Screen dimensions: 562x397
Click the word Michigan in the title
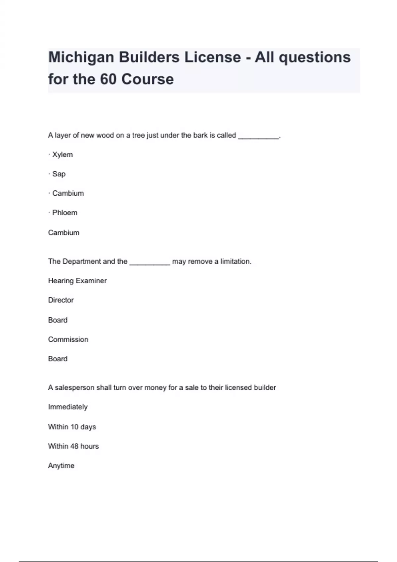(x=81, y=58)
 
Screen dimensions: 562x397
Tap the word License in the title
(x=212, y=57)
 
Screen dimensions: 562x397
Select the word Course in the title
(x=147, y=79)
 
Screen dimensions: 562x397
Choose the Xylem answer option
(x=62, y=155)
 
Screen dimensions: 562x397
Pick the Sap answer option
(x=59, y=174)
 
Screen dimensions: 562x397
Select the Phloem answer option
(x=65, y=213)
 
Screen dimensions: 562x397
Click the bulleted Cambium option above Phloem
(x=68, y=193)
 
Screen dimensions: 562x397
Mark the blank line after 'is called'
(x=258, y=136)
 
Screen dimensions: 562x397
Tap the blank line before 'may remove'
(x=150, y=262)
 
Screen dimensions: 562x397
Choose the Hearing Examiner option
(x=77, y=281)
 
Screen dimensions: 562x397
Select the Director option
(x=61, y=300)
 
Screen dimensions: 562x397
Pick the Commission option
(x=68, y=340)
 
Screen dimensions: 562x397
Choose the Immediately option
(x=68, y=407)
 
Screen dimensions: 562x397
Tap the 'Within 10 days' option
(x=72, y=427)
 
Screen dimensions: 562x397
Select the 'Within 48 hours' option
(x=73, y=446)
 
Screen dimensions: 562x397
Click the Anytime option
(x=61, y=466)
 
